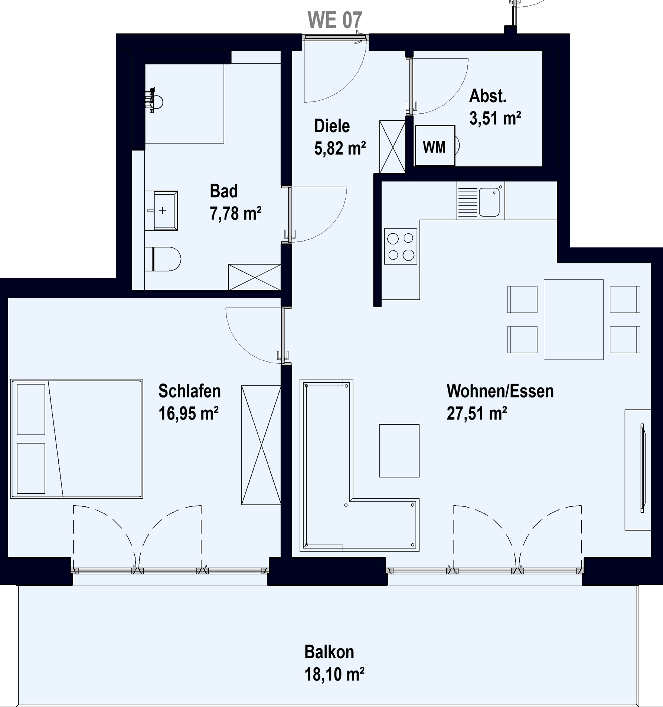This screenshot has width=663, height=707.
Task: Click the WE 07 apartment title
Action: [335, 20]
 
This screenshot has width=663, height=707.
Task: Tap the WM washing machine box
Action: [435, 145]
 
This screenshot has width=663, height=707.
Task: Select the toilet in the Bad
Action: [163, 259]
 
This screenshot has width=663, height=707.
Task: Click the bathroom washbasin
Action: [161, 211]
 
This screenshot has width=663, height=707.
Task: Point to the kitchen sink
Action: [489, 202]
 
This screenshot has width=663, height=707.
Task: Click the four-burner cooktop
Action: [401, 246]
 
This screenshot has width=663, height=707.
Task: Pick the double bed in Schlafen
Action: [76, 438]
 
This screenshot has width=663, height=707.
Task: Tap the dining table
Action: [574, 320]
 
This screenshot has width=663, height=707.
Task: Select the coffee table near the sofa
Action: [399, 451]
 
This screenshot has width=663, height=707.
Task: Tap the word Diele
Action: [332, 126]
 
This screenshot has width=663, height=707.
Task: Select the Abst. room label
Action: [488, 96]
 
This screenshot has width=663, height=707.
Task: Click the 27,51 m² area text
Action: [477, 413]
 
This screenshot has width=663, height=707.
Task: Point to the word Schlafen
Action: [189, 391]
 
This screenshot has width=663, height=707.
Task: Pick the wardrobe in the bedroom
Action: [261, 445]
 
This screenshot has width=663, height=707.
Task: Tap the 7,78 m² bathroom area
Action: [236, 214]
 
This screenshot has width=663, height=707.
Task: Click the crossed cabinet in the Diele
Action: [392, 146]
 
